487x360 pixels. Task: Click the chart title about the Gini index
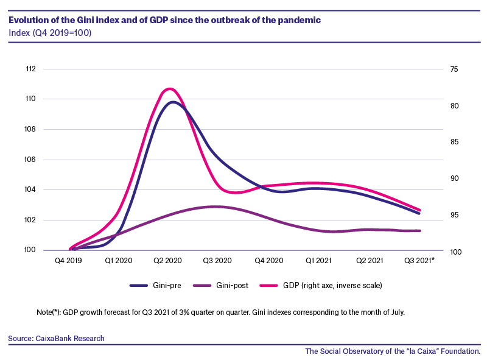(164, 20)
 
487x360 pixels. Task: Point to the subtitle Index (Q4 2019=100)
(50, 33)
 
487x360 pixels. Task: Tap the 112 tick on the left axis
(31, 69)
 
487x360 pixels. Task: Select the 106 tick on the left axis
(30, 160)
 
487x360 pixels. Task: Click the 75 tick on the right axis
(454, 69)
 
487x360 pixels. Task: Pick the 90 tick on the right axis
(454, 178)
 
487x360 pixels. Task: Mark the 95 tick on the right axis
(454, 215)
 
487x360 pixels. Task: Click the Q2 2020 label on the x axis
(168, 261)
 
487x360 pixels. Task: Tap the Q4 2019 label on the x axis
(68, 261)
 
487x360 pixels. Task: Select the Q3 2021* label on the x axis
(419, 261)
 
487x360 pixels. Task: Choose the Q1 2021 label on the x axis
(318, 261)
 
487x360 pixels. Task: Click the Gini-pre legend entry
(155, 286)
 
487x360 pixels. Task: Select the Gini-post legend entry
(221, 286)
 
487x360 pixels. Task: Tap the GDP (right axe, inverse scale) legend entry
(321, 286)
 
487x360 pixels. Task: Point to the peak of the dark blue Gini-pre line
(172, 102)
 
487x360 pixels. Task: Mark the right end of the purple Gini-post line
(419, 231)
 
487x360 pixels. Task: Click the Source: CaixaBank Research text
(56, 338)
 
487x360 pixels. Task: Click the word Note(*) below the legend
(49, 312)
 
